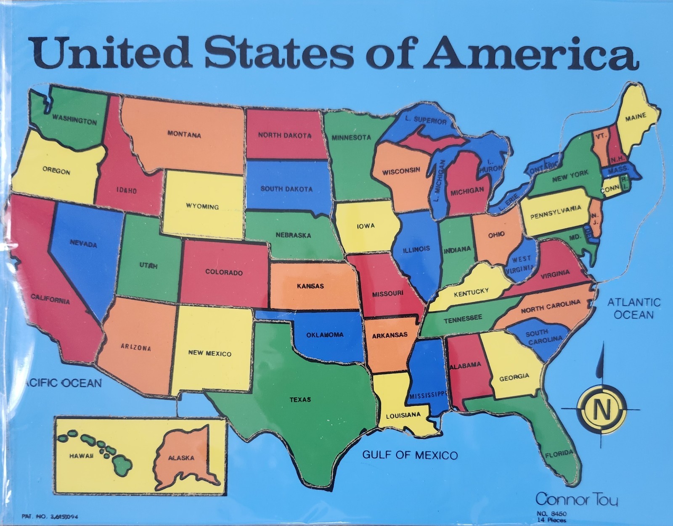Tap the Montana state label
click(x=184, y=134)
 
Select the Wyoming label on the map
click(x=202, y=206)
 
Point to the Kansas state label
click(x=310, y=286)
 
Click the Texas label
click(x=300, y=399)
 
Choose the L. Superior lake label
click(x=426, y=120)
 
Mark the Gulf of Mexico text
click(x=410, y=455)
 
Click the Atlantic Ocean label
click(x=633, y=308)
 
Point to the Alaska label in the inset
click(x=181, y=458)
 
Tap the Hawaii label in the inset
click(x=82, y=456)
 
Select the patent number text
click(x=50, y=517)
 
